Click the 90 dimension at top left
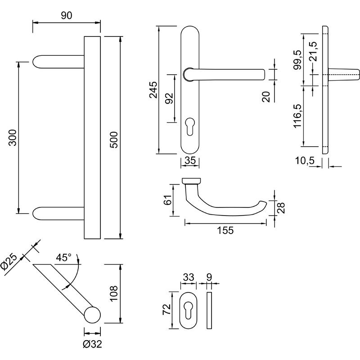tap(67, 16)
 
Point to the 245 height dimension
tap(153, 90)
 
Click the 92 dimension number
tap(169, 98)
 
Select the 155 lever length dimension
tap(225, 230)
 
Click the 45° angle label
tap(63, 258)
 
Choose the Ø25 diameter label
tap(9, 262)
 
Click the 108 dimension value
tap(114, 293)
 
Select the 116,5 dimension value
tap(297, 116)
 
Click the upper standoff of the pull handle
tap(59, 62)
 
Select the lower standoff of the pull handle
tap(59, 212)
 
